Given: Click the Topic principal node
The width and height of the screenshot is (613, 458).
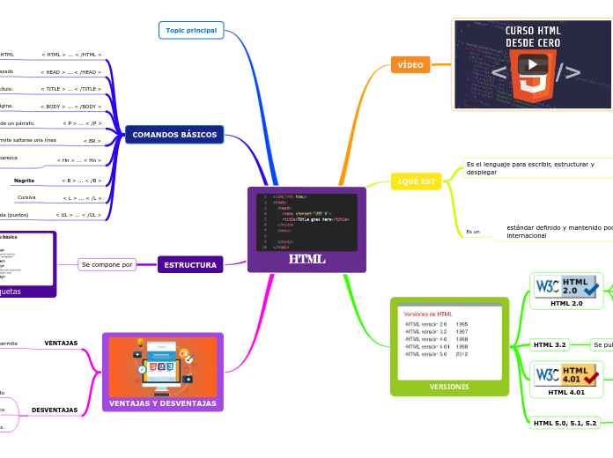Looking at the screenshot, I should tap(191, 30).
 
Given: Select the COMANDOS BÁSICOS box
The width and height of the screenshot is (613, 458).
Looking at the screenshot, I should tap(174, 135).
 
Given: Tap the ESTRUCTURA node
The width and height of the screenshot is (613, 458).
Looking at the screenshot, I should tap(190, 264).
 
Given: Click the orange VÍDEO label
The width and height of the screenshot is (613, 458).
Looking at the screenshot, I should tap(410, 65).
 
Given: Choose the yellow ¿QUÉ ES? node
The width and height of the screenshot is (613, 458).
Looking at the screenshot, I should tap(416, 181).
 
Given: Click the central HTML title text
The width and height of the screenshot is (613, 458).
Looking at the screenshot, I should tap(306, 259).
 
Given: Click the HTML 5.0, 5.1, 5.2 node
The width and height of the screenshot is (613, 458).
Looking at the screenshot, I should tap(565, 423).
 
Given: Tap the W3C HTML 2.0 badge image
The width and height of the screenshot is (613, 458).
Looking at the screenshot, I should tap(567, 286).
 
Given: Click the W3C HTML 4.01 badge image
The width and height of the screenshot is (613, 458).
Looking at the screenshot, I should tap(567, 374).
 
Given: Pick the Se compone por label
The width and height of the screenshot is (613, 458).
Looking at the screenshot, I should tap(107, 264).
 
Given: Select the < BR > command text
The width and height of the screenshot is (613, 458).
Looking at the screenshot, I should tap(92, 141).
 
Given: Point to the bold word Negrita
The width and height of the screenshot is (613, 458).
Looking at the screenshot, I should tap(24, 181).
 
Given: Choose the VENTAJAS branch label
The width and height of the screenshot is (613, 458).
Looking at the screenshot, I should tap(61, 343).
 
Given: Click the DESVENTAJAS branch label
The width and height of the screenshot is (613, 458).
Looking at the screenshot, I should tap(55, 410).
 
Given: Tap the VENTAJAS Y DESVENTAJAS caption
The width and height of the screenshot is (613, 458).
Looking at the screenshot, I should tap(163, 403).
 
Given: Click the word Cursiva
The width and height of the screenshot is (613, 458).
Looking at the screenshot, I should tap(26, 197).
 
